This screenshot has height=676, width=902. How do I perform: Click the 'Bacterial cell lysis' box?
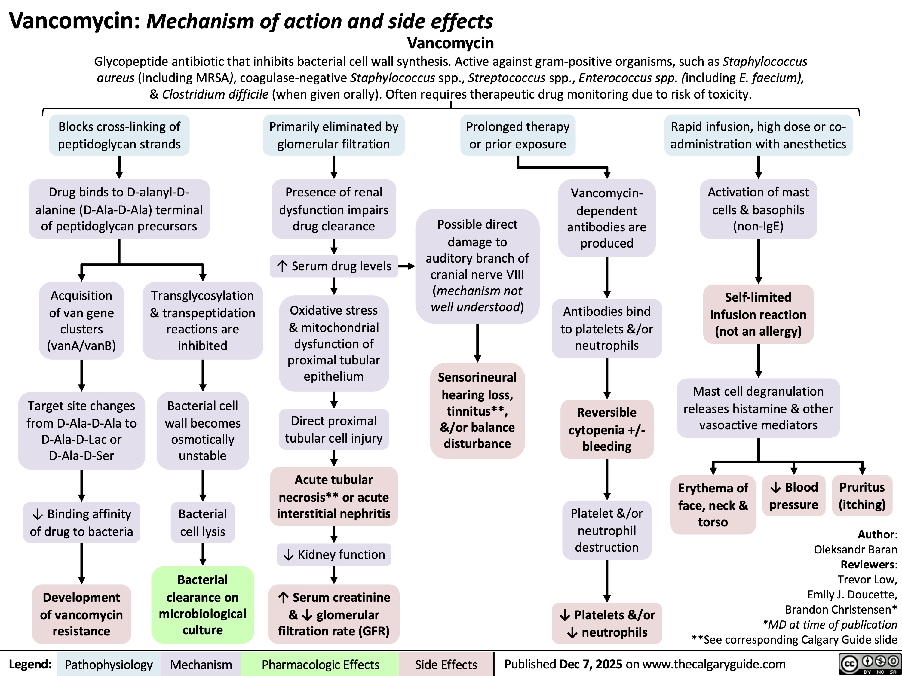coord(203,522)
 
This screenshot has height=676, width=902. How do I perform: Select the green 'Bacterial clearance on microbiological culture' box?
coord(203,605)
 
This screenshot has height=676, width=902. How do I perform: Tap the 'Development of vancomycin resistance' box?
coord(81,614)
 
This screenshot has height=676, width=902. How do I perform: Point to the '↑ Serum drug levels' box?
coord(333,266)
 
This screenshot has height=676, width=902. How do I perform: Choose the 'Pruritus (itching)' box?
coord(862,496)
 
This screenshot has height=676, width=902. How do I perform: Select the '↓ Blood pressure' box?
coord(793,496)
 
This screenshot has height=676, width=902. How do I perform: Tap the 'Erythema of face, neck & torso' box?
coord(713,505)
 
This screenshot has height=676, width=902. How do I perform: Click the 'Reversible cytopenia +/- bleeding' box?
coord(607,429)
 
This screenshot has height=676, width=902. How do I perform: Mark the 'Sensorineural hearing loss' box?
coord(477,410)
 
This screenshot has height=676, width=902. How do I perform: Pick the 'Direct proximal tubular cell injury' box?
coord(333,429)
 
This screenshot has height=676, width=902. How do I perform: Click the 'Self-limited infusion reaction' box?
coord(758,314)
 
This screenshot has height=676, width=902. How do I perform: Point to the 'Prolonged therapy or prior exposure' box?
coord(517,135)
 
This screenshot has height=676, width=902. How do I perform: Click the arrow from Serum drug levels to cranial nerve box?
coord(407,266)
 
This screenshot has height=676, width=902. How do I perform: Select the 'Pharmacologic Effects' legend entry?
coord(320,665)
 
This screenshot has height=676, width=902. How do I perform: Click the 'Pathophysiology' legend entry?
coord(109,665)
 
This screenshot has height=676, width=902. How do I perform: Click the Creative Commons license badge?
coord(869,664)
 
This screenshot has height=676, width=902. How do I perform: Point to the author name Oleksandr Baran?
coord(855,550)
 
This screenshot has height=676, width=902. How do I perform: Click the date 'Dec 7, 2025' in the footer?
coord(591,664)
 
